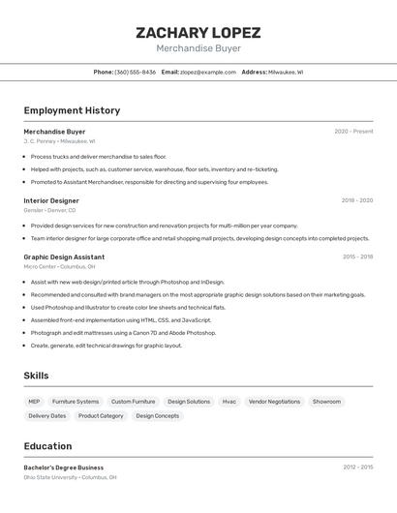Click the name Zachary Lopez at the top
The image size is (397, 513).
(198, 33)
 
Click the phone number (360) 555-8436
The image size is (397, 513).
(135, 72)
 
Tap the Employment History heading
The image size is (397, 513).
(72, 110)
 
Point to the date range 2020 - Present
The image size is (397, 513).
(353, 132)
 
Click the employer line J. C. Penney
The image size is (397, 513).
(59, 141)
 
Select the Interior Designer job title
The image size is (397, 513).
(51, 200)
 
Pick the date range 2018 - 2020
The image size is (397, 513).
(356, 200)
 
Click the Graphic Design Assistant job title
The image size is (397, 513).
(64, 257)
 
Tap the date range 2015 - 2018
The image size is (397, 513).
(357, 257)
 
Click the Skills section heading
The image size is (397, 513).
(36, 376)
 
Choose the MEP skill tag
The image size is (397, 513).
(34, 401)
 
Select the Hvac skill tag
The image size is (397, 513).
(229, 401)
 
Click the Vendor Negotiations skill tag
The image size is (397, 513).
(274, 401)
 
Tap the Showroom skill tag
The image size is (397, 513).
(326, 401)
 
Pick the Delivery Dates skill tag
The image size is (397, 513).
(47, 415)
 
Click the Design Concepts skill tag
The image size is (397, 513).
(157, 415)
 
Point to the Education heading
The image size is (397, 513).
(47, 446)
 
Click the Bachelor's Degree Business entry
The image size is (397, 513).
(64, 468)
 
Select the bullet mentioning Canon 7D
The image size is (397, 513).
(123, 332)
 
